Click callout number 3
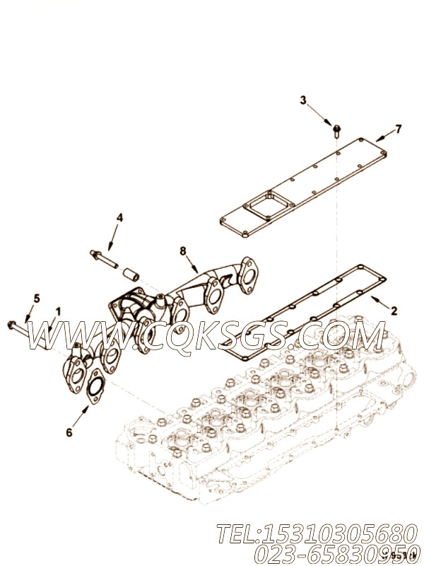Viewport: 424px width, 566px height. pyautogui.click(x=303, y=100)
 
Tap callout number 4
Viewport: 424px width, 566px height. pyautogui.click(x=119, y=217)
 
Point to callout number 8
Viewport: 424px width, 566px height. pyautogui.click(x=183, y=250)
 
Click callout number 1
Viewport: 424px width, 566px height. pyautogui.click(x=59, y=311)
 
